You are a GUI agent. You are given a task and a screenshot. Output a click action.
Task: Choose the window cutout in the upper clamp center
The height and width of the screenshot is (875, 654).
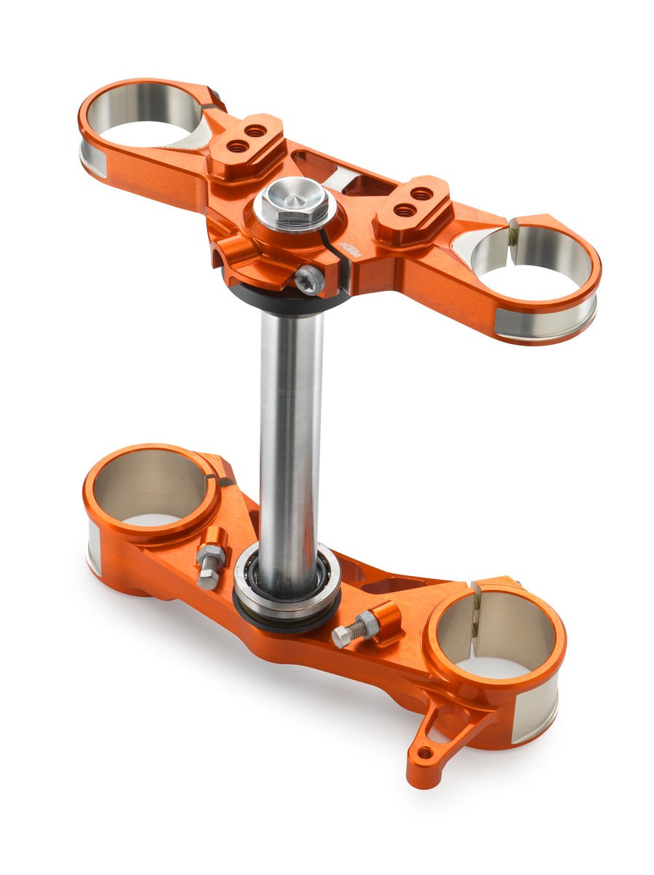tap(321, 168)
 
